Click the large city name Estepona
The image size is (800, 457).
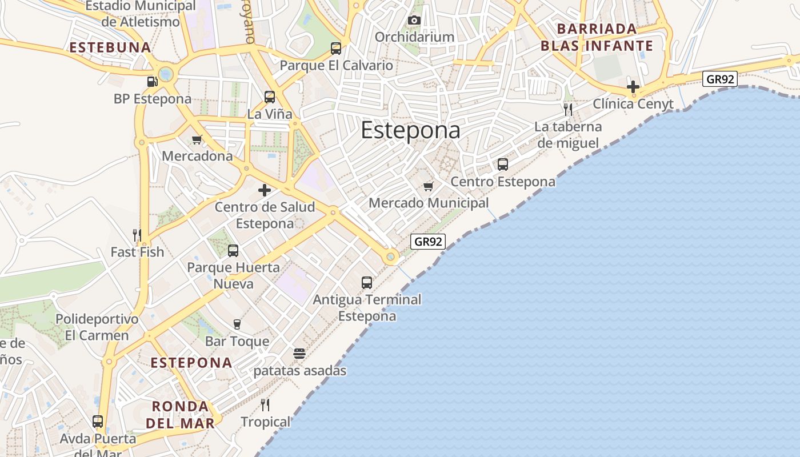coord(410,130)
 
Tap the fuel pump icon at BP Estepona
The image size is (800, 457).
coord(152,82)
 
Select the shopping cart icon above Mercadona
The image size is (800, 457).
coord(197,139)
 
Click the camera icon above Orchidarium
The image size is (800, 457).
coord(414,21)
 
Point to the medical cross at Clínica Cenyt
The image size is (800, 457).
coord(633,87)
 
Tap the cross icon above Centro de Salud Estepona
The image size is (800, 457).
coord(265,190)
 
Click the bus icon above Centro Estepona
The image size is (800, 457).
coord(503,165)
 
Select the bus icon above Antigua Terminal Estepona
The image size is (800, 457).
coord(367,282)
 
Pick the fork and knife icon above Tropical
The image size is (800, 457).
coord(265,405)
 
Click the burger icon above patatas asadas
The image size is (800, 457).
coord(299,354)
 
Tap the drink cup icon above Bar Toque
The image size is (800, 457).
coord(237,324)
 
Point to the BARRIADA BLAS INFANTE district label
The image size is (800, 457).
coord(597,37)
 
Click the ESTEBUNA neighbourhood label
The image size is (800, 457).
coord(110,47)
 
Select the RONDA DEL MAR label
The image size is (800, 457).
coord(181,415)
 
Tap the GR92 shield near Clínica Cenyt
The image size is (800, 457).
coord(720,79)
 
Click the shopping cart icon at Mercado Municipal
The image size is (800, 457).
coord(428,186)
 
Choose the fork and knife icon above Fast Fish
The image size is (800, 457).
coord(137,235)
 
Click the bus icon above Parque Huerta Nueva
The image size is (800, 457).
coord(233,250)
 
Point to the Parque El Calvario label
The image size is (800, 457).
coord(337,65)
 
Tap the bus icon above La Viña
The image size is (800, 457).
coord(270,97)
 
